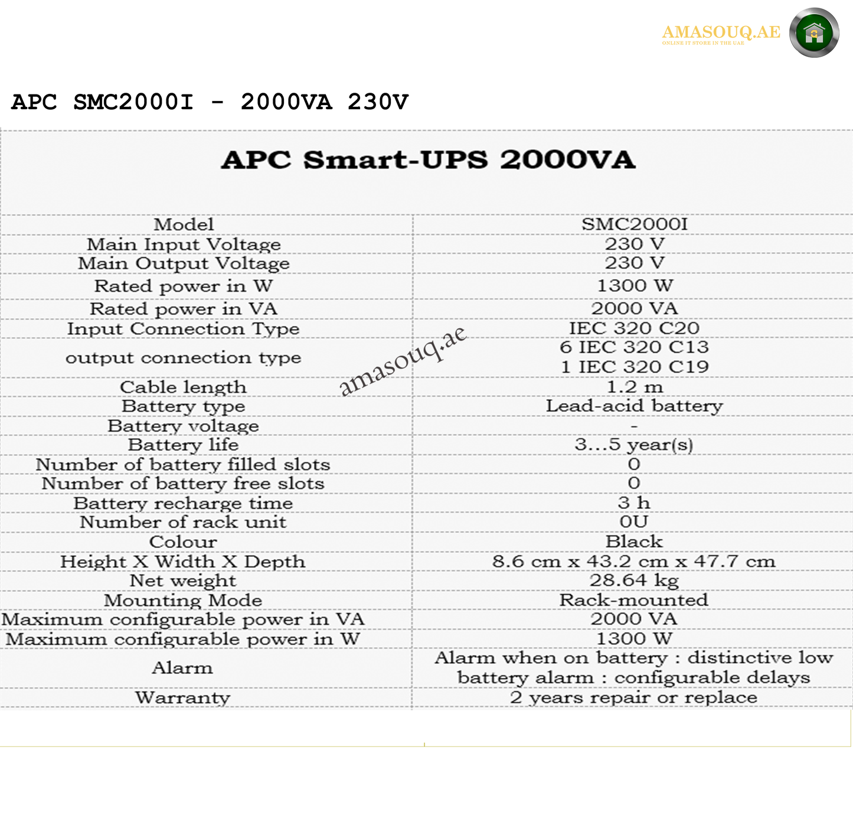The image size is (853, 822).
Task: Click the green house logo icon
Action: tap(814, 33)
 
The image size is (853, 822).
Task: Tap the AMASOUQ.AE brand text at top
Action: tap(721, 32)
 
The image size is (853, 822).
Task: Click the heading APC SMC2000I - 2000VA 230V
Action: tap(210, 102)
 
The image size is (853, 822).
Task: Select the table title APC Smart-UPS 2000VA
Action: tap(428, 160)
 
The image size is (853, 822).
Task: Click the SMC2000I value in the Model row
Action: tap(635, 224)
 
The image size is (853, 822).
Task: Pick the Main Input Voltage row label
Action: tap(184, 244)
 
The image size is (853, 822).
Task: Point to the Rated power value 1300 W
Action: tap(635, 286)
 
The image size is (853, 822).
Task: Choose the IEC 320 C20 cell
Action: tap(635, 328)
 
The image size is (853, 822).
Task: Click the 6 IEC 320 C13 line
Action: tap(635, 347)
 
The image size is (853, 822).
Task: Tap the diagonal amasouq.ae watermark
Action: tap(403, 361)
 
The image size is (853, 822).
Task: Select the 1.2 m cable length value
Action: tap(635, 387)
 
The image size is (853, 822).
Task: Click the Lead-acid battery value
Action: tap(635, 406)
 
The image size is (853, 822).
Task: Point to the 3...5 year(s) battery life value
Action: tap(635, 445)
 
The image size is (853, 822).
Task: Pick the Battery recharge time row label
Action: tap(183, 503)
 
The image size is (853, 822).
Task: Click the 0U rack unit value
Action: tap(634, 522)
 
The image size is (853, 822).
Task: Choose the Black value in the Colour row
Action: tap(635, 542)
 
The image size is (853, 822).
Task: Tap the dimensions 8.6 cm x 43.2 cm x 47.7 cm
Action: tap(634, 562)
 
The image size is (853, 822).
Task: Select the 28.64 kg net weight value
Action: tap(635, 580)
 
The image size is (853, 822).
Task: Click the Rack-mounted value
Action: tap(634, 600)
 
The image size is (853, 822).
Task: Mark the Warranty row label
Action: tap(182, 698)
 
